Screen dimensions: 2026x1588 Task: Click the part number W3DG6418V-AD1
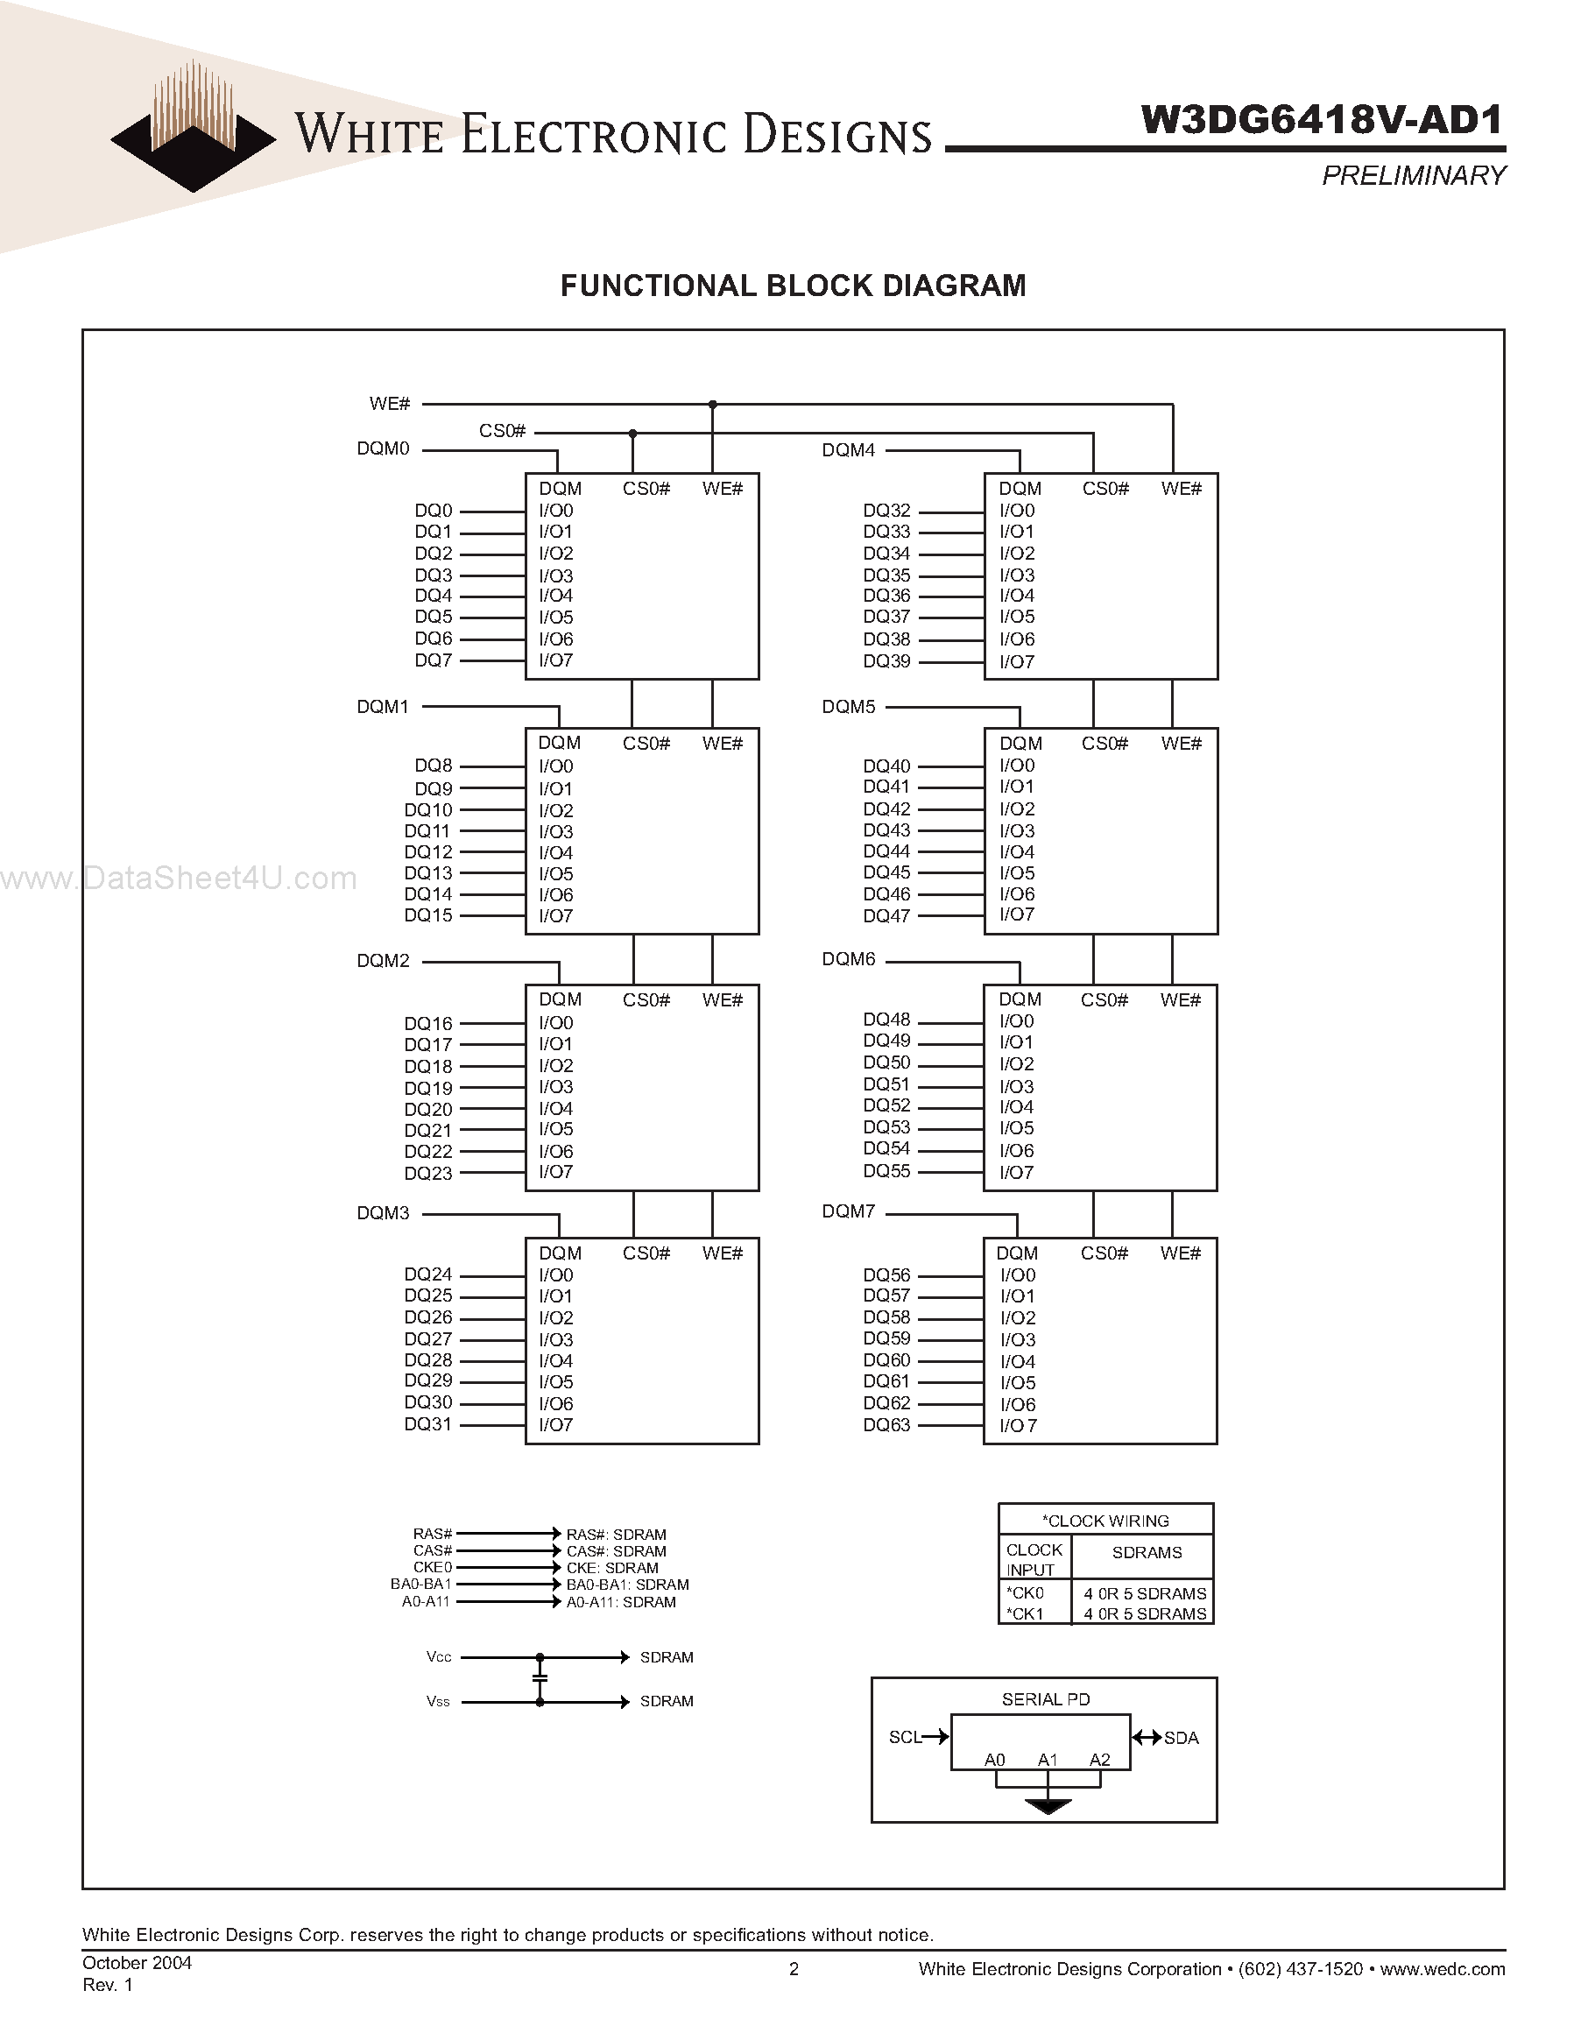point(1321,120)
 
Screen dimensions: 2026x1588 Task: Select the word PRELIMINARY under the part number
point(1413,176)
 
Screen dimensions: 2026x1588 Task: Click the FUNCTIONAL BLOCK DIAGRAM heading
point(793,286)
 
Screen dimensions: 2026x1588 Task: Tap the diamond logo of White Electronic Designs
point(193,139)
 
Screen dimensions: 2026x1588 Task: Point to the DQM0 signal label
point(383,449)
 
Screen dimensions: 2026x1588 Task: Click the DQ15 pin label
point(427,916)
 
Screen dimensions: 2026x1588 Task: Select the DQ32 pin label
point(886,511)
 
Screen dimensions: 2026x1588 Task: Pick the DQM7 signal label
point(848,1211)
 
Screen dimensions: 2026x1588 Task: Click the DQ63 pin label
point(886,1425)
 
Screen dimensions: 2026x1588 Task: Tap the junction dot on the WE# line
point(712,405)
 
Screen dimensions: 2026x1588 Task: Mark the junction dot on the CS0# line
point(632,434)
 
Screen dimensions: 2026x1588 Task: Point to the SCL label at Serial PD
point(905,1737)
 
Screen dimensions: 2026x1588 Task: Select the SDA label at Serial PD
point(1181,1738)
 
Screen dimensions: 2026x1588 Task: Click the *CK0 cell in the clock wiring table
point(1025,1592)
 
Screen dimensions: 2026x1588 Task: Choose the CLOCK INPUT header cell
point(1034,1559)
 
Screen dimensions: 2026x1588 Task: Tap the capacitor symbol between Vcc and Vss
point(540,1678)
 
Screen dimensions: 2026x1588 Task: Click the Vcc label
point(439,1657)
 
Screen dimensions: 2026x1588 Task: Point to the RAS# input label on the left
point(433,1533)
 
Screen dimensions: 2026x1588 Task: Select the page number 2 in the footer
point(794,1968)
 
